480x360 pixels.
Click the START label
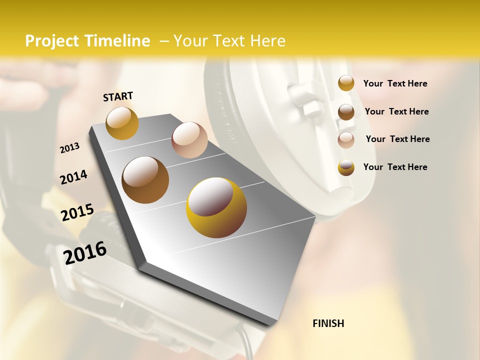pyautogui.click(x=118, y=96)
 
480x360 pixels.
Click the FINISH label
pyautogui.click(x=328, y=323)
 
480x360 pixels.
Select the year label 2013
pyautogui.click(x=69, y=148)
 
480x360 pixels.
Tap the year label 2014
pyautogui.click(x=73, y=177)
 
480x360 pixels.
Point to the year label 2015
pyautogui.click(x=77, y=212)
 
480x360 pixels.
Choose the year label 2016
pyautogui.click(x=85, y=252)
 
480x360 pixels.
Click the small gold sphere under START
pyautogui.click(x=122, y=123)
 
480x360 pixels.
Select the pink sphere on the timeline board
pyautogui.click(x=189, y=140)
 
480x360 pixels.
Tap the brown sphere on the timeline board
pyautogui.click(x=145, y=180)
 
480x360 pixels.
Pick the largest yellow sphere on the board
pyautogui.click(x=216, y=207)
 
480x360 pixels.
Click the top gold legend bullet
pyautogui.click(x=346, y=83)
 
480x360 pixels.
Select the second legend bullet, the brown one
pyautogui.click(x=346, y=112)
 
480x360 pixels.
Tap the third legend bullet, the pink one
pyautogui.click(x=346, y=140)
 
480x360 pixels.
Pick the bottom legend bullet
pyautogui.click(x=346, y=167)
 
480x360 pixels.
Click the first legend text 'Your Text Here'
pyautogui.click(x=395, y=84)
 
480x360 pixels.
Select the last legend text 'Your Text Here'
pyautogui.click(x=395, y=167)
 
